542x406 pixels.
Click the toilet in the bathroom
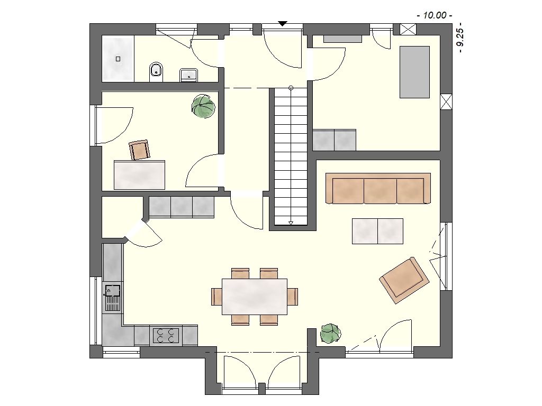(x=156, y=72)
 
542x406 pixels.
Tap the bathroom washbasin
(x=188, y=75)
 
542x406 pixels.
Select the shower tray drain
(x=118, y=59)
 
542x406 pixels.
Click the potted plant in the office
(x=203, y=106)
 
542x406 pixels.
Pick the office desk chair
(x=140, y=150)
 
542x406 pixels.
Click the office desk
(x=139, y=174)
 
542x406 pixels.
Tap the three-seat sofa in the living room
(x=378, y=189)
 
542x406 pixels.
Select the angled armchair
(x=404, y=280)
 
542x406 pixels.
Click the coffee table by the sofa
(x=377, y=232)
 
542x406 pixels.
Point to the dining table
(x=255, y=297)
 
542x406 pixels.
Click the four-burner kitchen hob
(x=166, y=335)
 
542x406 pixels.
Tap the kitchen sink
(x=112, y=297)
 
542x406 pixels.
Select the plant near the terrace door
(x=330, y=334)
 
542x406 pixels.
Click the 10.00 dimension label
(x=435, y=15)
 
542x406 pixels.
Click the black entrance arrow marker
(x=283, y=24)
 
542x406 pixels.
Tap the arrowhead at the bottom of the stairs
(x=291, y=223)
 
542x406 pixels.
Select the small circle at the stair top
(x=291, y=88)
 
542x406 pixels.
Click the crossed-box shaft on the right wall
(x=446, y=102)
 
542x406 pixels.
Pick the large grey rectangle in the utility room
(x=415, y=72)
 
